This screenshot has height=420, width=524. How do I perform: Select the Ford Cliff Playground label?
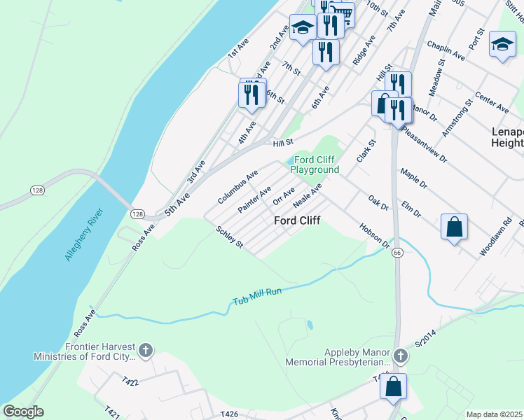coord(315,165)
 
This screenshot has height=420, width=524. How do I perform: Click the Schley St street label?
coord(230,237)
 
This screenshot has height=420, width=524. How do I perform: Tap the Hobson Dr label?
coord(374,236)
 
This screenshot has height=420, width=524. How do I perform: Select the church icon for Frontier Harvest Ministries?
coord(145,350)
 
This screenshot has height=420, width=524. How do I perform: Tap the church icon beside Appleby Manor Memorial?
coord(400,356)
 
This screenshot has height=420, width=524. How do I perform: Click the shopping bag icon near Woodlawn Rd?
coord(454,227)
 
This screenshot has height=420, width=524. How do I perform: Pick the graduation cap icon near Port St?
coord(502,44)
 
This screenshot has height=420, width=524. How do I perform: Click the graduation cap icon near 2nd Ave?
coord(303,27)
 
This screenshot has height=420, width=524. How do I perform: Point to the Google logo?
coord(23,412)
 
